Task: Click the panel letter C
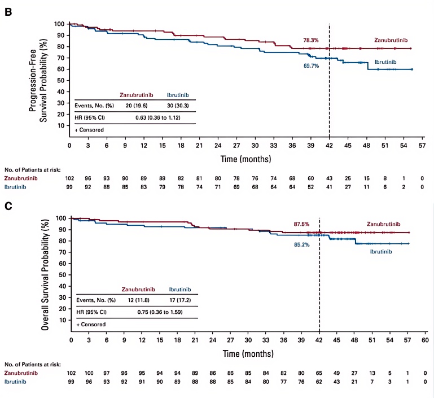pyautogui.click(x=8, y=206)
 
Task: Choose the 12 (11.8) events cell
pyautogui.click(x=134, y=300)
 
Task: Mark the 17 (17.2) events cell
pyautogui.click(x=177, y=300)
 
